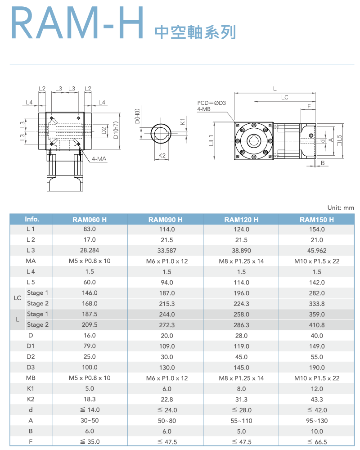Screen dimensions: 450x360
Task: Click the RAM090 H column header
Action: (x=165, y=220)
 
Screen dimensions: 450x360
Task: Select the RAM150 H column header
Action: (x=317, y=220)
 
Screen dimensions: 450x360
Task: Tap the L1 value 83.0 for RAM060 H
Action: (x=90, y=229)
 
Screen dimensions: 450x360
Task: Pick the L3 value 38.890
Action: (x=241, y=251)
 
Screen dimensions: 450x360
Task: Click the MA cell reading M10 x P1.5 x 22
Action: (x=317, y=261)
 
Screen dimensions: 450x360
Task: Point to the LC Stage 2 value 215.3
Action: (x=166, y=304)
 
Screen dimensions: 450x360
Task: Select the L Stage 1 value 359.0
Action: (x=317, y=315)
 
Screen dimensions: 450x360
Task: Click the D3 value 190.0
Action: (x=317, y=368)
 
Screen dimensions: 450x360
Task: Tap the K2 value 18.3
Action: (x=90, y=399)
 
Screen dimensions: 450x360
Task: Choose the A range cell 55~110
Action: (x=241, y=421)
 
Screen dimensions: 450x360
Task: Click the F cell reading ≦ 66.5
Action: (x=317, y=442)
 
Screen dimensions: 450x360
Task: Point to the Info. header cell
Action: (x=32, y=220)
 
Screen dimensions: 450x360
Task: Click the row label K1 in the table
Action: (x=31, y=389)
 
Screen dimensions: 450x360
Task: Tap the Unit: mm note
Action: (x=342, y=208)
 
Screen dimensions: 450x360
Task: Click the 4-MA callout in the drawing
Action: (x=99, y=159)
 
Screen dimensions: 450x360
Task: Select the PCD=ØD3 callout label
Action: (x=211, y=103)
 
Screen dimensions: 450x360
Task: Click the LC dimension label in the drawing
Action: (x=284, y=97)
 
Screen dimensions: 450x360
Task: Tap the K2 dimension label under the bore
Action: (x=163, y=156)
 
